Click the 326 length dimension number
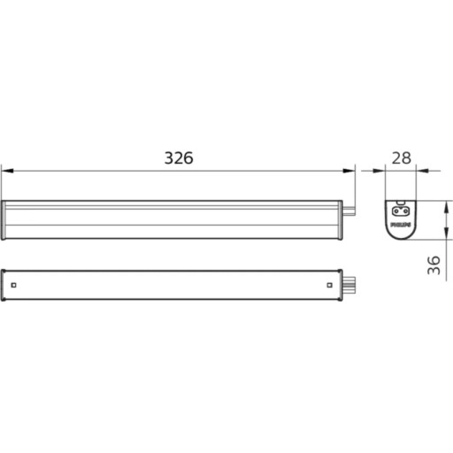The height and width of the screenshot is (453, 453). [x=178, y=158]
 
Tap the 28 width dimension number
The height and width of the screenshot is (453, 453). [x=402, y=158]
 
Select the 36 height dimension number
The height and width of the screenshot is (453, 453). [x=434, y=265]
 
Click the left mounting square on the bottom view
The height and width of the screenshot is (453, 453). [x=15, y=284]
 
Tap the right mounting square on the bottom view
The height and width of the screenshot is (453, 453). [x=328, y=284]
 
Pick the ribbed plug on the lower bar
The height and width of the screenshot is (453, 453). [x=350, y=285]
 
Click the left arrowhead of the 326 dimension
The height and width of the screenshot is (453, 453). [x=5, y=169]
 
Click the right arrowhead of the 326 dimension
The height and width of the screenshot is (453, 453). [x=350, y=169]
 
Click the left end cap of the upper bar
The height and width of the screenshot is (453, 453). [x=4, y=219]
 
